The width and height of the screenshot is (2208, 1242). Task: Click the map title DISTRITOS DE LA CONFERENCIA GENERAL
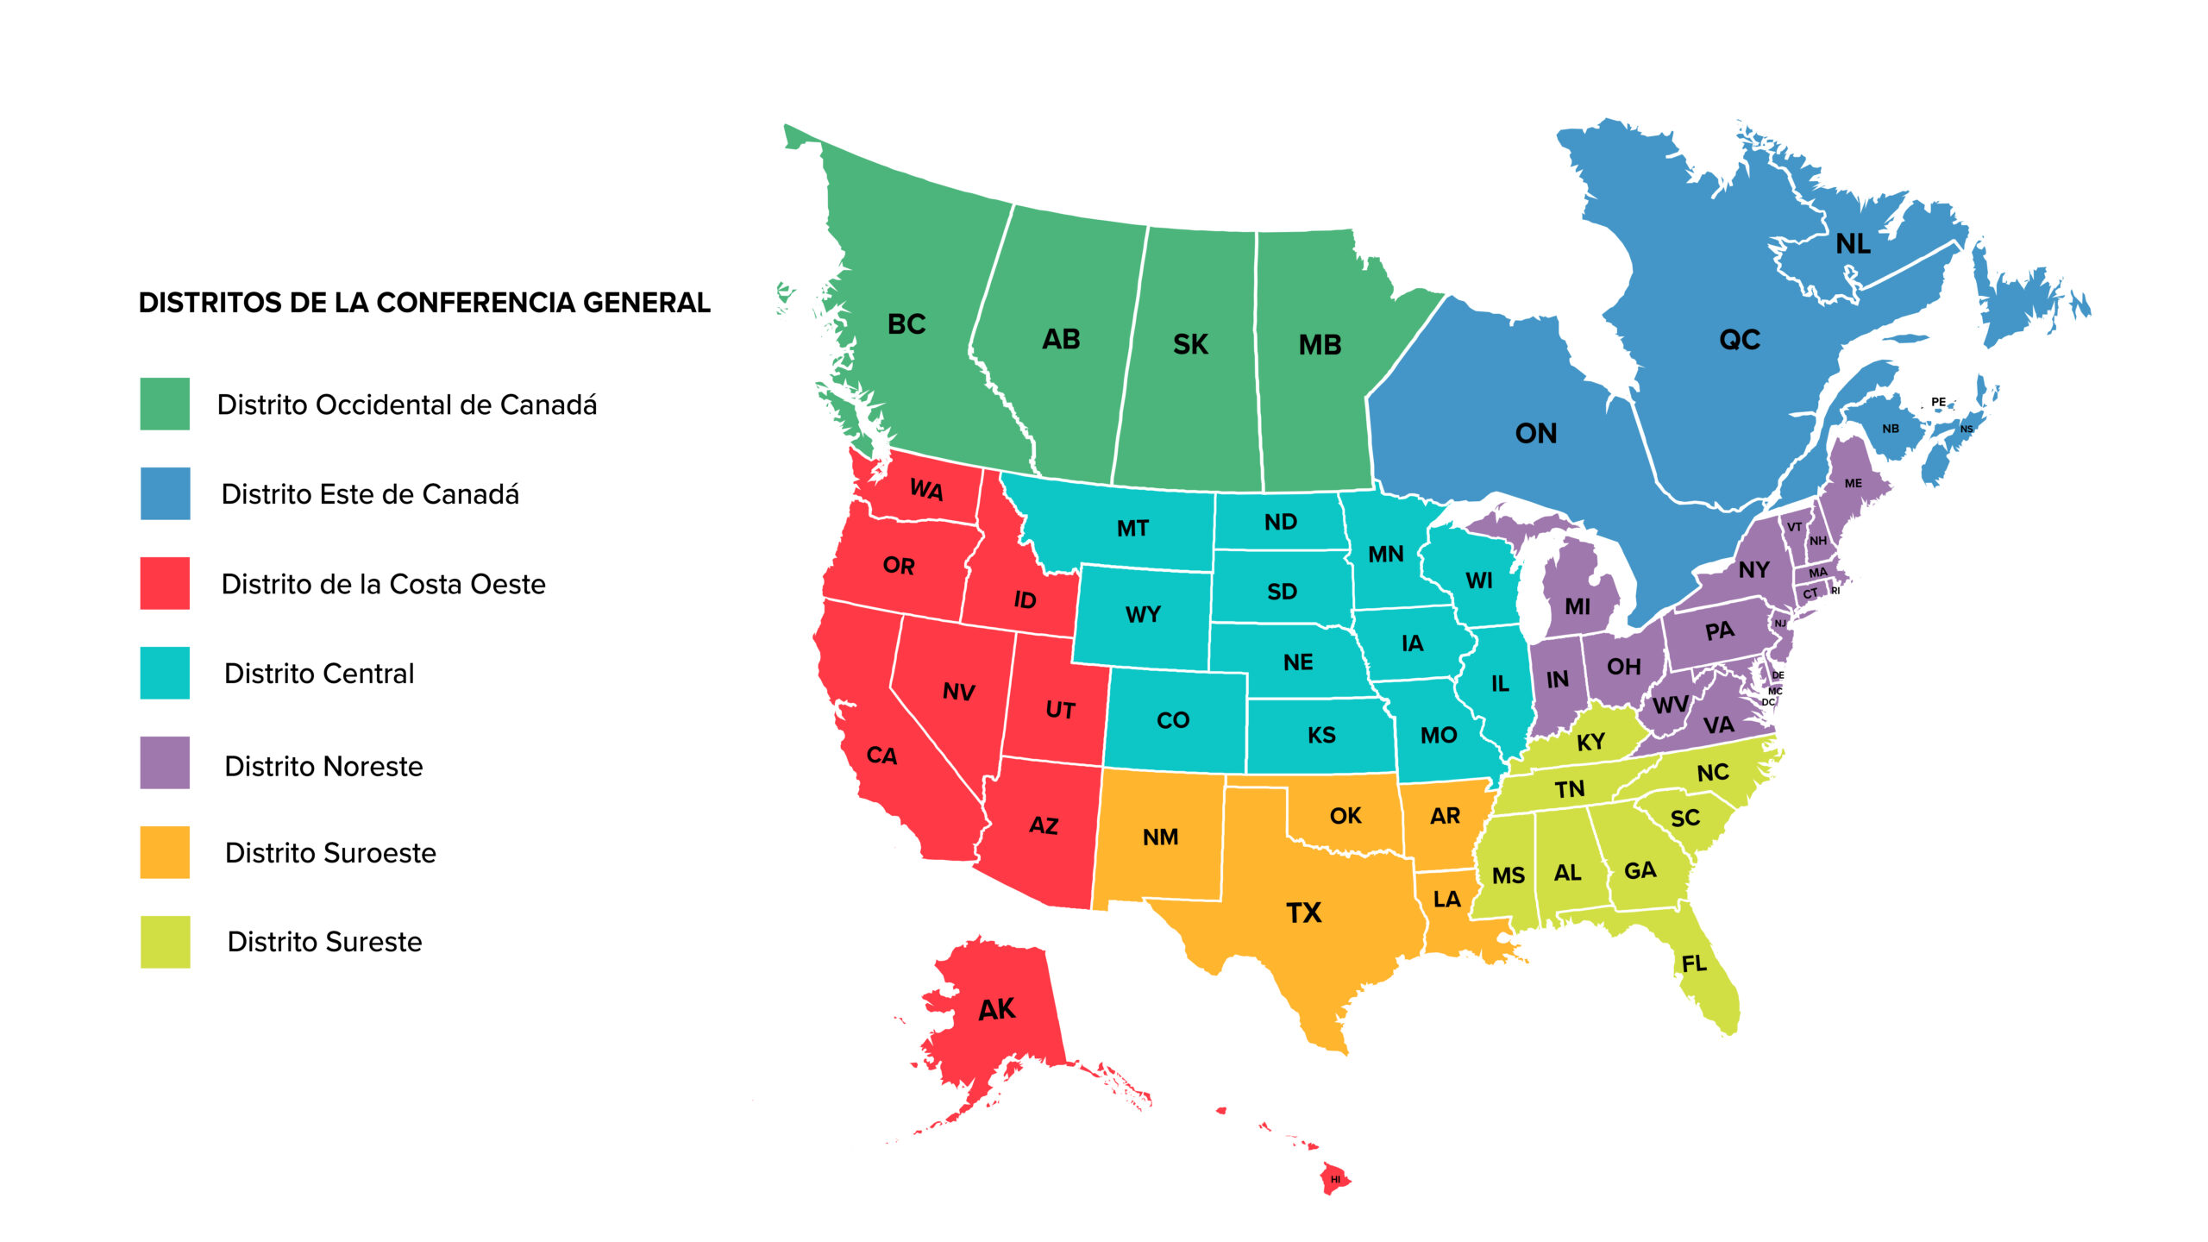coord(424,303)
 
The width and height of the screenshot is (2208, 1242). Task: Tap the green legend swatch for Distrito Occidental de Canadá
coord(165,404)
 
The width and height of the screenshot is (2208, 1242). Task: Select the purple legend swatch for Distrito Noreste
coord(165,762)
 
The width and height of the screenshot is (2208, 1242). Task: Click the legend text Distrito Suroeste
coord(330,853)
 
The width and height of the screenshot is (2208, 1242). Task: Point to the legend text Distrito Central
coord(319,674)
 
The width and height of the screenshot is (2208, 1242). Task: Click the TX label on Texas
coord(1303,913)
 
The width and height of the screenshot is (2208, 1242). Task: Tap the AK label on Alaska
coord(996,1009)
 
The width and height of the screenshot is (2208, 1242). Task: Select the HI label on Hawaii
coord(1335,1179)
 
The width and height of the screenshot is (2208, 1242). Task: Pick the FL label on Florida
coord(1694,963)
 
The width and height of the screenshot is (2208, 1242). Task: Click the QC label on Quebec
coord(1740,340)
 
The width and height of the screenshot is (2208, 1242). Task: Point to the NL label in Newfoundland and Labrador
coord(1853,244)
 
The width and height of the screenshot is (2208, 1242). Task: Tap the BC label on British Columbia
coord(906,324)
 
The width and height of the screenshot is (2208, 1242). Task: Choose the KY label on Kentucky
coord(1590,742)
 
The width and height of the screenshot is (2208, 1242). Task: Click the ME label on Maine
coord(1853,484)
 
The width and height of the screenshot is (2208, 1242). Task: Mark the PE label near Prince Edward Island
coord(1938,402)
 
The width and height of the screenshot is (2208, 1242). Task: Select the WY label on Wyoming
coord(1143,615)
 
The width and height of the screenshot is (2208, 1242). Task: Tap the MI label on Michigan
coord(1578,607)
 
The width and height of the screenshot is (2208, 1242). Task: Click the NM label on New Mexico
coord(1160,837)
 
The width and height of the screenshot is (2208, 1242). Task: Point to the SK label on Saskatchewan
coord(1190,345)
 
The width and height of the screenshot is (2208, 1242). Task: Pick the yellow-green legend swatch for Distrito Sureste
coord(165,942)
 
